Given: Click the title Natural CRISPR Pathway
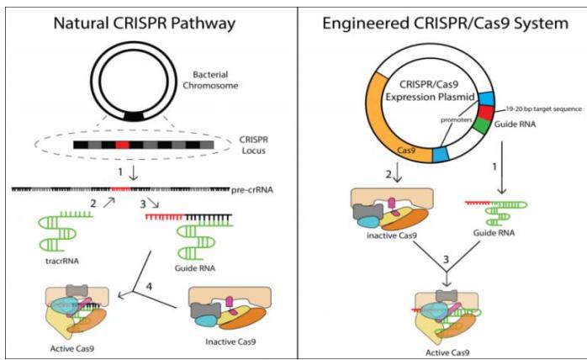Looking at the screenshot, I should click(145, 23).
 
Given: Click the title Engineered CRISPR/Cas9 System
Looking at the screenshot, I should click(440, 23).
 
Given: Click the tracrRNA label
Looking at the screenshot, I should click(57, 262).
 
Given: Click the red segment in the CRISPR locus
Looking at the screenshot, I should click(124, 145).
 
